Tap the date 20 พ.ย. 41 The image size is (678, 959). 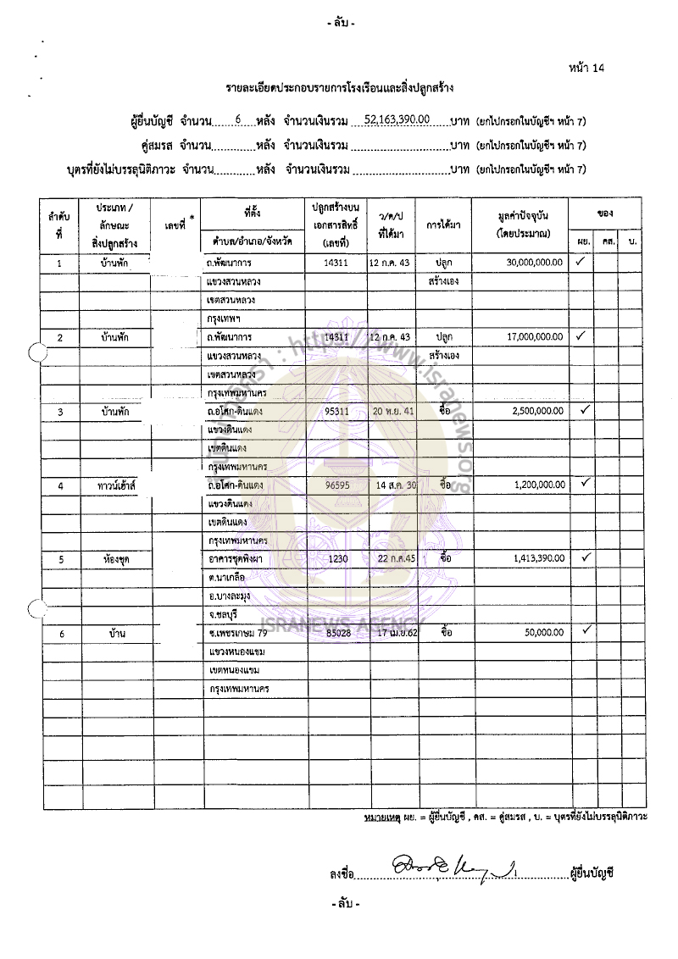click(392, 411)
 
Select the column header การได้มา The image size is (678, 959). click(443, 225)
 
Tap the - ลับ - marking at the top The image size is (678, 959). click(341, 23)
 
